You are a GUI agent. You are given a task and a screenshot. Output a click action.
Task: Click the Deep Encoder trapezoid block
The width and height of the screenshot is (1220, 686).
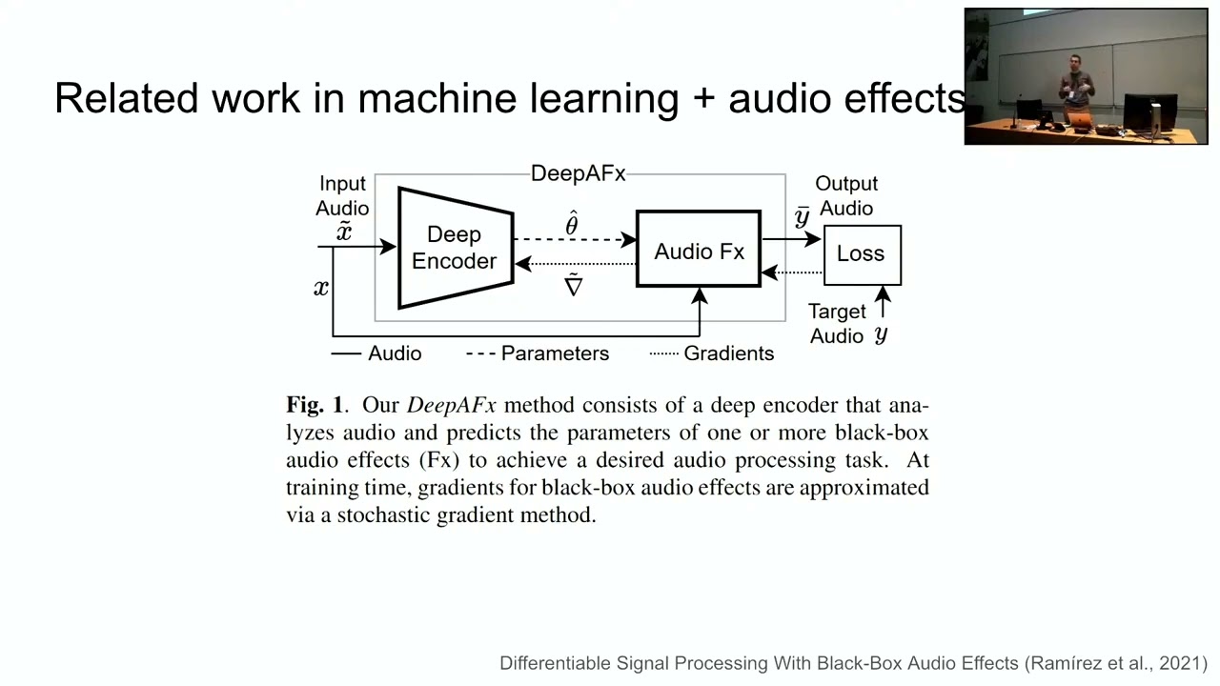[456, 249]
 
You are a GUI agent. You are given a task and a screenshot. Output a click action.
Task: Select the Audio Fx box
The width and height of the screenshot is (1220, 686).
[699, 249]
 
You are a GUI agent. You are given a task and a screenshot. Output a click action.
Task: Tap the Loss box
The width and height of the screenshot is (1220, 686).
[863, 254]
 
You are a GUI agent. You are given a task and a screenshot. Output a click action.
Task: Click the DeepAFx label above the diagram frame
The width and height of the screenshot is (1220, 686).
[578, 173]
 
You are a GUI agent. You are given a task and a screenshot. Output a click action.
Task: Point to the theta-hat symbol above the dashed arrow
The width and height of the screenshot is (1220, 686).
[571, 223]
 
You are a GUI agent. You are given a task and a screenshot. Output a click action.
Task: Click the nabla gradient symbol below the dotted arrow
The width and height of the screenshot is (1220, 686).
[573, 285]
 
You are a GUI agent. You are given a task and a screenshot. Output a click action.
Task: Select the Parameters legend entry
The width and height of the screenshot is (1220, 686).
[538, 353]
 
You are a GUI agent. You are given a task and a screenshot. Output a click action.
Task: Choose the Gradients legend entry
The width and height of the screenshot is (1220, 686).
[712, 353]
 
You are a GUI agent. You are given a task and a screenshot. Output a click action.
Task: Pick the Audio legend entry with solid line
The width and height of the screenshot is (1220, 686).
[376, 353]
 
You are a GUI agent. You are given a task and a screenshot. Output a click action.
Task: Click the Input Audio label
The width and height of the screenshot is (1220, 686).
[342, 195]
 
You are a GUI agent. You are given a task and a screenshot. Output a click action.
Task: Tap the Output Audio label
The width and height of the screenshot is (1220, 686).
[846, 195]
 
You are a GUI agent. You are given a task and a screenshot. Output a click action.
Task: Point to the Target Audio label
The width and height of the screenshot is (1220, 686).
[837, 323]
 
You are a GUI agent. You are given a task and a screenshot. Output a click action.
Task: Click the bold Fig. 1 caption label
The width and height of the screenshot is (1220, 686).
[315, 405]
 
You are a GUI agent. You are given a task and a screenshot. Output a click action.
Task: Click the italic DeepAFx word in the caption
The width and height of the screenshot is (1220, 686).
[452, 406]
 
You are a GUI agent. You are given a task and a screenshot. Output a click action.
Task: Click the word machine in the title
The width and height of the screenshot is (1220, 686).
[437, 98]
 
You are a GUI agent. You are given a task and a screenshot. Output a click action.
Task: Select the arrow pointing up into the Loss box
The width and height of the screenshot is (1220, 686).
[883, 302]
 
